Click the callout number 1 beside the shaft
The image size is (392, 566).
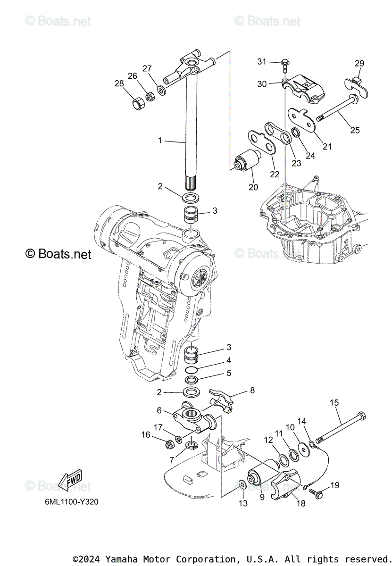point(160,140)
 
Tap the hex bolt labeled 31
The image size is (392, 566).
point(285,63)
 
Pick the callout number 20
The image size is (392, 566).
point(253,187)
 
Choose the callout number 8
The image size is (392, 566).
point(252,390)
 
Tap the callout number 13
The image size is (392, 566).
point(242,503)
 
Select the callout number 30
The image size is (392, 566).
point(262,84)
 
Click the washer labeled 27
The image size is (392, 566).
point(161,90)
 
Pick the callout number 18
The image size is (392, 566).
point(300,503)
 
